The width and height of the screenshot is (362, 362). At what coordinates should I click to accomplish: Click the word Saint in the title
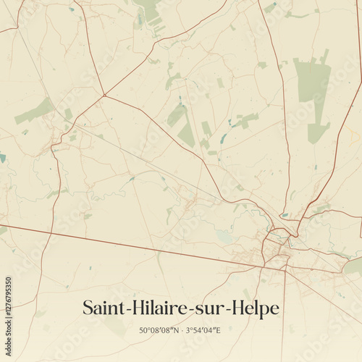(x=101, y=308)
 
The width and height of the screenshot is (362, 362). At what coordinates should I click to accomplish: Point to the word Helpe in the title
(x=254, y=308)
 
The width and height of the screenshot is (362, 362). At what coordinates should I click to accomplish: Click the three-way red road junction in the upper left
(x=104, y=95)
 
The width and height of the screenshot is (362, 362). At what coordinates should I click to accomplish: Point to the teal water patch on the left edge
(x=2, y=157)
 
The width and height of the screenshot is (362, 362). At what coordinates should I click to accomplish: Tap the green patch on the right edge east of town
(x=353, y=266)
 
